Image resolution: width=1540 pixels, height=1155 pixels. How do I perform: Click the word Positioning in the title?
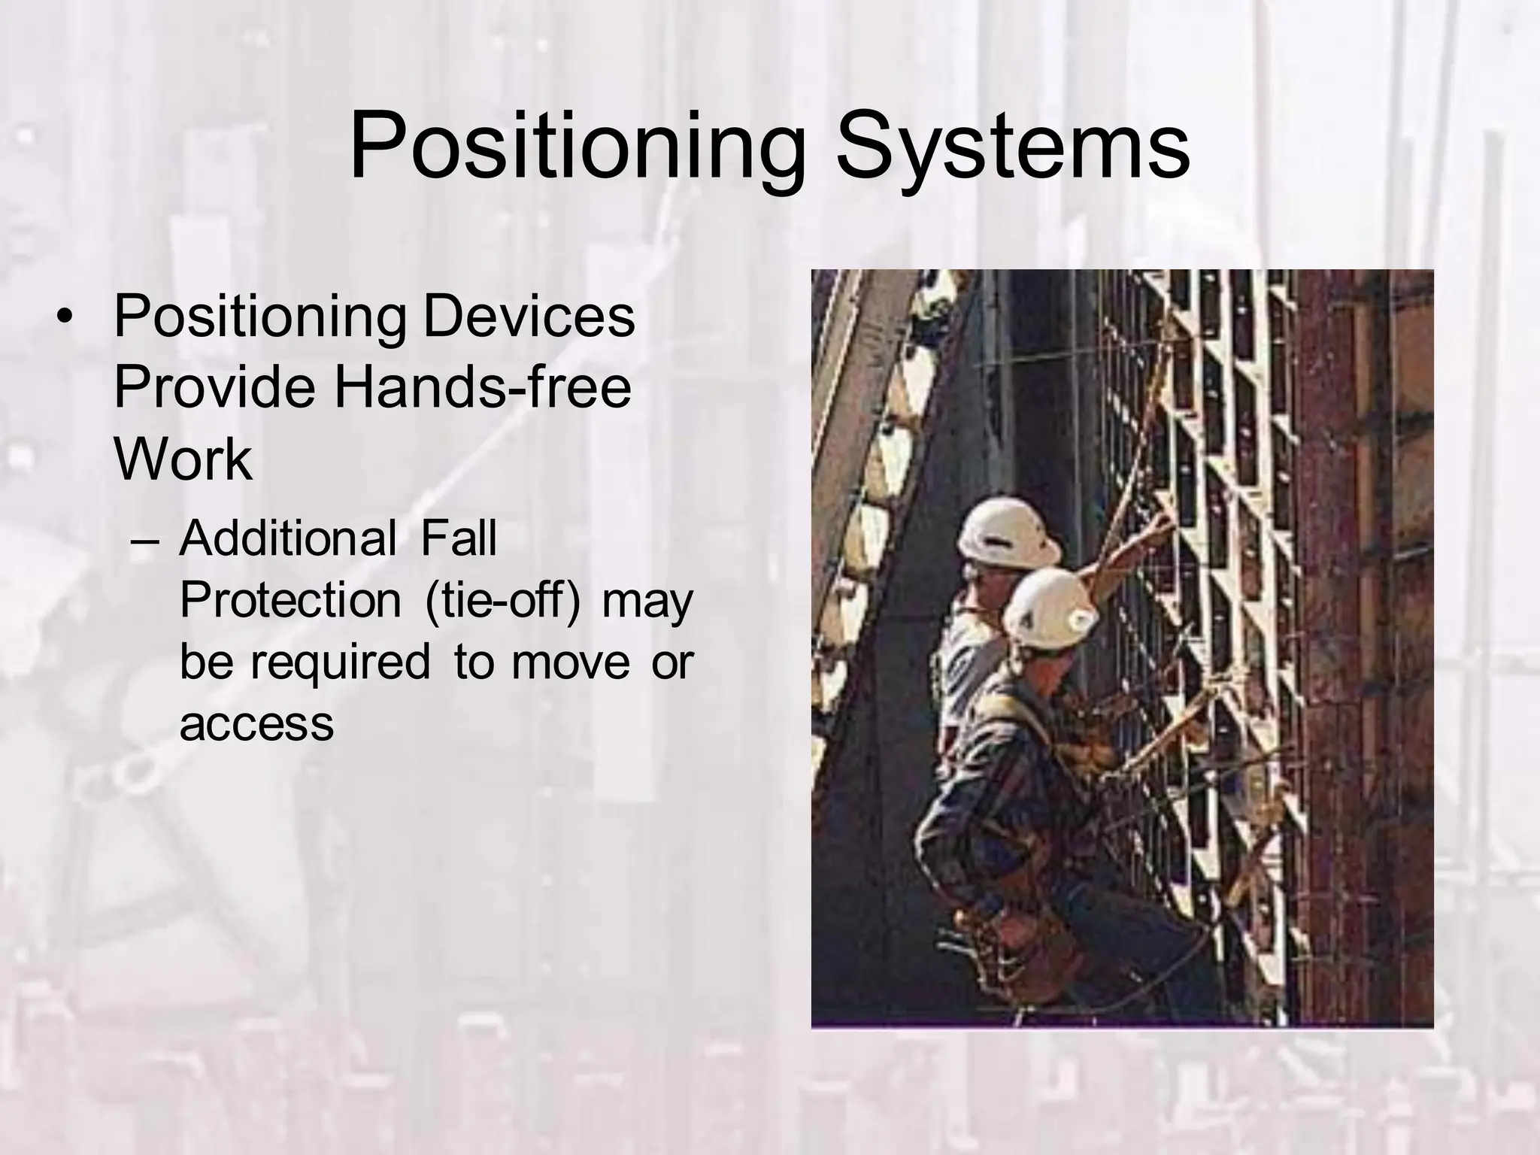[575, 147]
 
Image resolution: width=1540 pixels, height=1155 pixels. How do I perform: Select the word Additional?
[287, 539]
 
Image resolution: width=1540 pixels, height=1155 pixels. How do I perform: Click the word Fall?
[458, 539]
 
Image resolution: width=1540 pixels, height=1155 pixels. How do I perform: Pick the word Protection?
[290, 601]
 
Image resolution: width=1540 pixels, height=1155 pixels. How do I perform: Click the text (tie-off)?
[502, 601]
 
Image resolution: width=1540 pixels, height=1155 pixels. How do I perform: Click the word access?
[256, 723]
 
